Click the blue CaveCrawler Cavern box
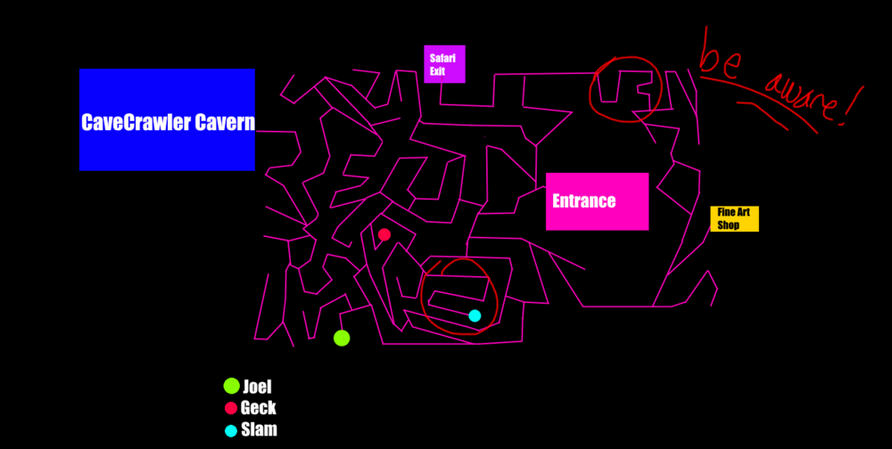[x=168, y=119]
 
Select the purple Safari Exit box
[x=444, y=64]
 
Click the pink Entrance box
[x=598, y=201]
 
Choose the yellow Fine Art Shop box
[x=734, y=219]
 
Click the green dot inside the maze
[x=342, y=338]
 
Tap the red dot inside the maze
[x=384, y=234]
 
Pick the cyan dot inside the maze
[x=475, y=316]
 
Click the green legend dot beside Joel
[x=232, y=386]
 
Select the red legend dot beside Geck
[x=231, y=408]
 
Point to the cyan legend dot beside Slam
[x=231, y=431]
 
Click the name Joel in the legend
[x=257, y=387]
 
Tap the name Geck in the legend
[x=259, y=407]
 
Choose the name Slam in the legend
[x=260, y=429]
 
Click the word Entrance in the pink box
[x=584, y=200]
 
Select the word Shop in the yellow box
[x=728, y=225]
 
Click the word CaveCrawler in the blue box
[x=136, y=122]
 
